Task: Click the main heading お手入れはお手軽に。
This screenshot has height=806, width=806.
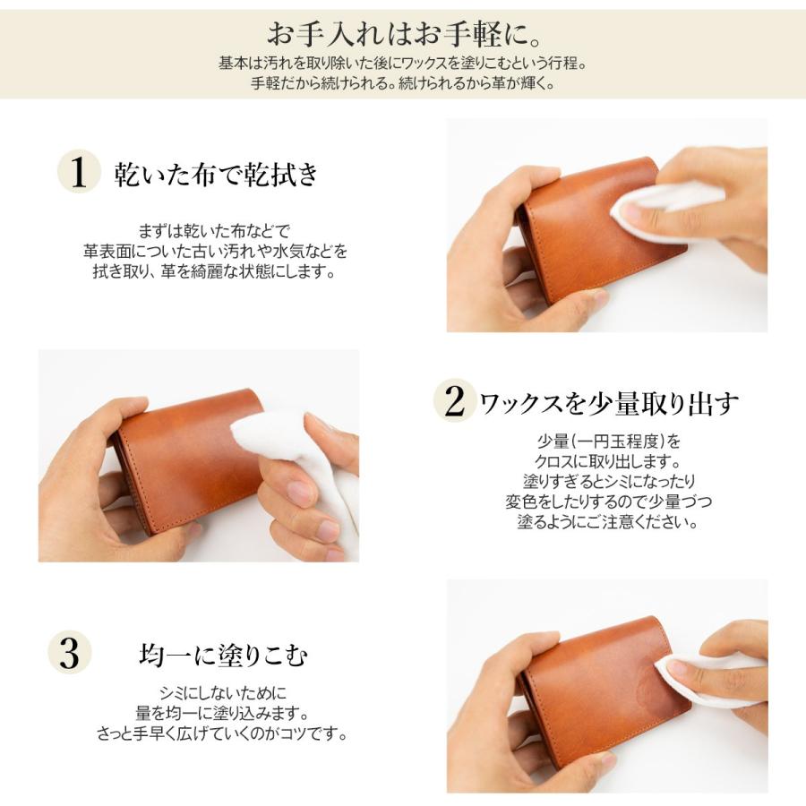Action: [402, 34]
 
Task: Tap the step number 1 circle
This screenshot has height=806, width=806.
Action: [79, 173]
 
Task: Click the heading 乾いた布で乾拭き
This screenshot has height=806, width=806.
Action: [216, 174]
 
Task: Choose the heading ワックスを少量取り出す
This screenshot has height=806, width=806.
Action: [610, 404]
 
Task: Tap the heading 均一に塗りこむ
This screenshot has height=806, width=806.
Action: [223, 656]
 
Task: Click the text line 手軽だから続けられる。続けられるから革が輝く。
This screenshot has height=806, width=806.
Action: [402, 84]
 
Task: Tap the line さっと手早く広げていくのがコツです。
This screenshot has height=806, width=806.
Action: [222, 733]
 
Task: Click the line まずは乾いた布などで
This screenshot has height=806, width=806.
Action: [215, 230]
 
